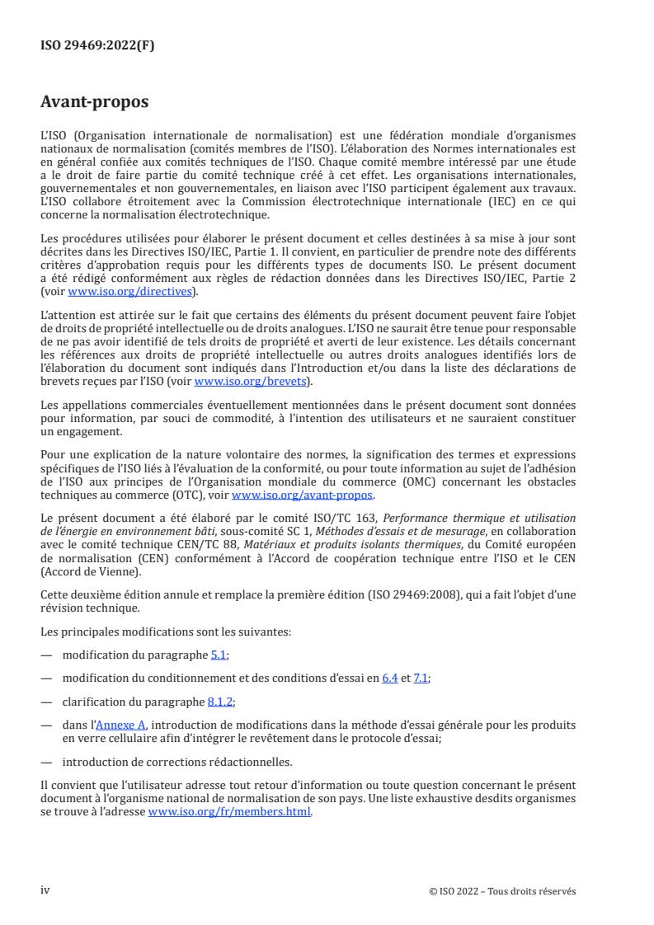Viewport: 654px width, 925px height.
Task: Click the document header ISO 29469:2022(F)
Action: (97, 46)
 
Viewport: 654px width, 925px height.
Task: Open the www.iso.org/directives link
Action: (153, 338)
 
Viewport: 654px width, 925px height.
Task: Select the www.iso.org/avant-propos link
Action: (303, 495)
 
